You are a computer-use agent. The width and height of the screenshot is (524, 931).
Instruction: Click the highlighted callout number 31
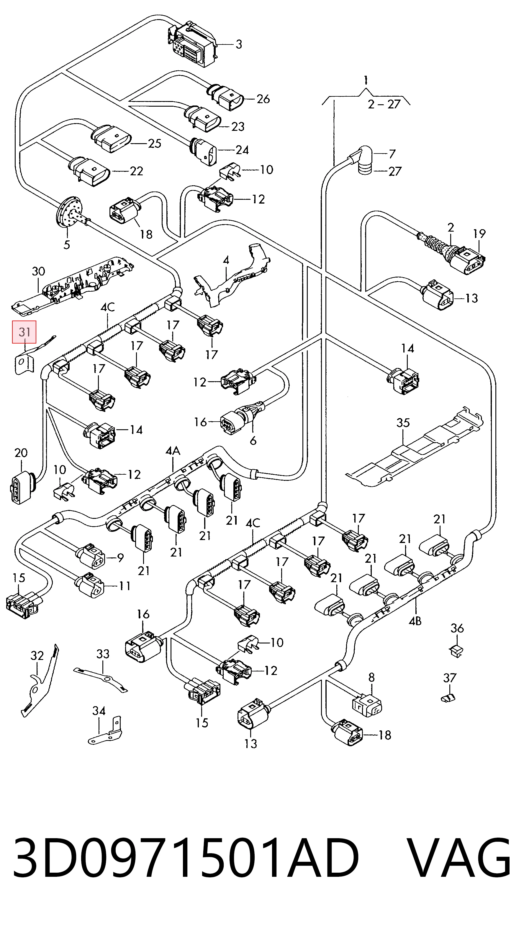pyautogui.click(x=24, y=332)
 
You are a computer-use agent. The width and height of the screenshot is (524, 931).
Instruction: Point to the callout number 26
pyautogui.click(x=263, y=99)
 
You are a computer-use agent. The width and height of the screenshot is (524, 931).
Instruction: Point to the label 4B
pyautogui.click(x=415, y=621)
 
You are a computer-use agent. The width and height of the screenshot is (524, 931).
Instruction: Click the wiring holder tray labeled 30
pyautogui.click(x=72, y=284)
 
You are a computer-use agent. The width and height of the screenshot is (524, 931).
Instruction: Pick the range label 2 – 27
pyautogui.click(x=384, y=105)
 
